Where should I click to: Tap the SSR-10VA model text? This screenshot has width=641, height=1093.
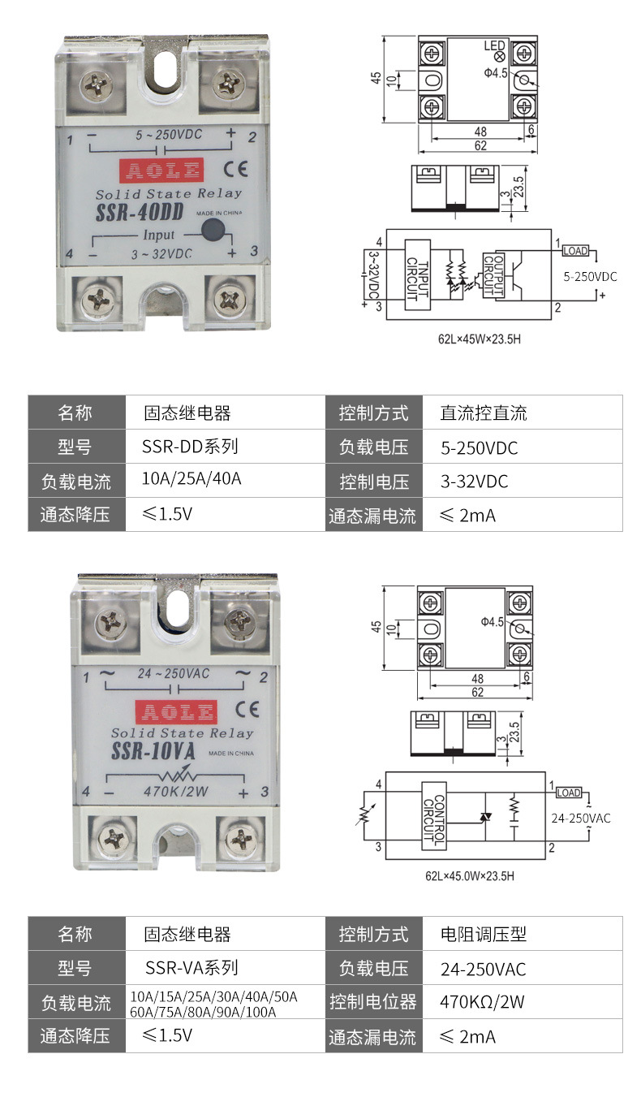point(153,750)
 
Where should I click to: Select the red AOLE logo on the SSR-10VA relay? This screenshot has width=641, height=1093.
point(176,713)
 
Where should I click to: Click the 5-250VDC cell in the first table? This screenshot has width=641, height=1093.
point(479,447)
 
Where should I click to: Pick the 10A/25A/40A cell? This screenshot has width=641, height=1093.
point(191,479)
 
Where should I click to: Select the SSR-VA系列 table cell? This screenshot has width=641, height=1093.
point(191,968)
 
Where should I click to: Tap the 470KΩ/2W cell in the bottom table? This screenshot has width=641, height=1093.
point(482,1001)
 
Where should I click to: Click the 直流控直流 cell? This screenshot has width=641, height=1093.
point(484,413)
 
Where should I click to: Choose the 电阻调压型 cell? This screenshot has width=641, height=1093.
point(484,935)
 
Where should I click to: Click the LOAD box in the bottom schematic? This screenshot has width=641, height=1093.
point(569,793)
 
